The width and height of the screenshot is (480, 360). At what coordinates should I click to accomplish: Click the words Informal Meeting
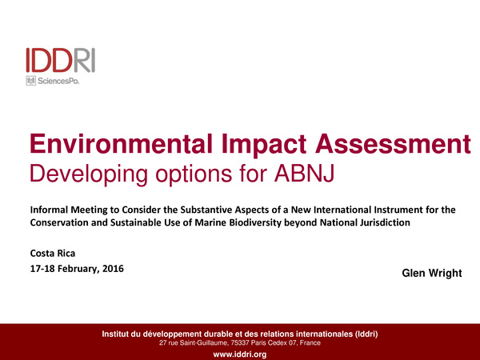point(68,210)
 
